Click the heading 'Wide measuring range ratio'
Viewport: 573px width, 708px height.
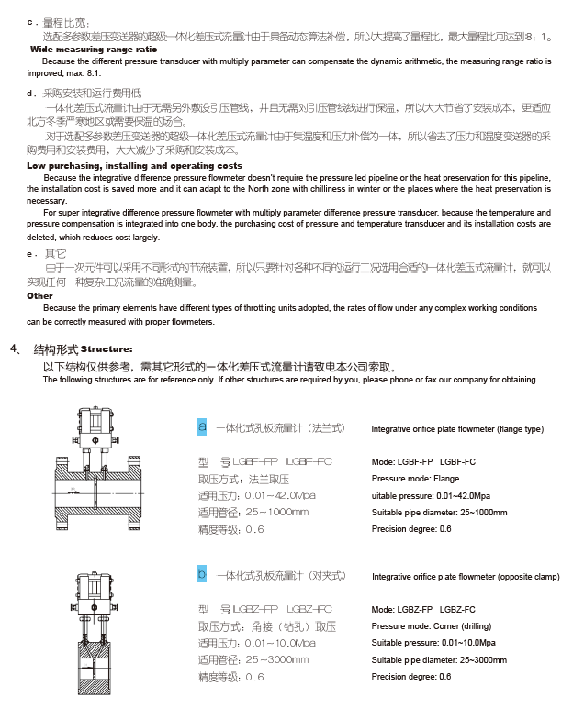(94, 48)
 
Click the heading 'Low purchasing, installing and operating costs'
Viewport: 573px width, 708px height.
(134, 165)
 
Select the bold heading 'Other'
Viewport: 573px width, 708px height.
(40, 296)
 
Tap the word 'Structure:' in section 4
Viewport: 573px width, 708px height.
(107, 349)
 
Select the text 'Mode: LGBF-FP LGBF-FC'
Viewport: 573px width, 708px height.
(423, 461)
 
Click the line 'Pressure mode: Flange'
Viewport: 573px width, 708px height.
(415, 479)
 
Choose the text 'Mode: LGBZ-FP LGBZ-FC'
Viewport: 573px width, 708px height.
(423, 610)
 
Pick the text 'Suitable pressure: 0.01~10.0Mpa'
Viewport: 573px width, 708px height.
(433, 643)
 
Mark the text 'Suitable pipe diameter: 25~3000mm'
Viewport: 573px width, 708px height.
(439, 660)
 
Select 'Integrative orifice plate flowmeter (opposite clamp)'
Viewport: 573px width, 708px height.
(466, 578)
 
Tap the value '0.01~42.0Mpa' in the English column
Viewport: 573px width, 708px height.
(454, 495)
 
